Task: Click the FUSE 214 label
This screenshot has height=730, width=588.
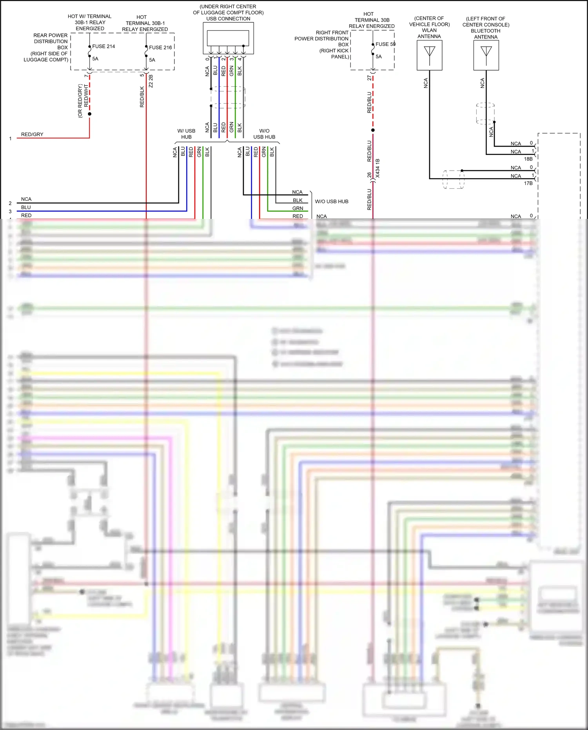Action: point(103,46)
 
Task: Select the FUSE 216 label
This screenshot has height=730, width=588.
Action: point(160,47)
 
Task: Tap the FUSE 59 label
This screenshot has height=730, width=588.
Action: point(385,44)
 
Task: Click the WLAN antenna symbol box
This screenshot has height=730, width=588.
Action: point(430,55)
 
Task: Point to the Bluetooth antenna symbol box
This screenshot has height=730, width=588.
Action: point(486,56)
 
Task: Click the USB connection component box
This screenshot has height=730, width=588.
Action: point(228,38)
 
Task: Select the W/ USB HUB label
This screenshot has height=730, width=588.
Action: point(186,134)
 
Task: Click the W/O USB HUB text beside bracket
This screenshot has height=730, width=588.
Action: point(332,202)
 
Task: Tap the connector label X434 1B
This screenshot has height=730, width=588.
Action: point(378,168)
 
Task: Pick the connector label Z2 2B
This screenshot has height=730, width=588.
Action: point(151,81)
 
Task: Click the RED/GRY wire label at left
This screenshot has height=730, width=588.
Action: point(32,135)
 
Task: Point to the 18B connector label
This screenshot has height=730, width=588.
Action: point(528,159)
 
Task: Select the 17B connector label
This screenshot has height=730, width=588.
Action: point(528,183)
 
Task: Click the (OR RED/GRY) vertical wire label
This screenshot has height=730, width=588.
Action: point(80,101)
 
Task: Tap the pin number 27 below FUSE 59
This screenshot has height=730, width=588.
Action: point(369,78)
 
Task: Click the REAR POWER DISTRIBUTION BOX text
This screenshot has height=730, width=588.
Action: point(50,41)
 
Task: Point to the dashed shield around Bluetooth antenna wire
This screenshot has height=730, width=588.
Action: point(485,114)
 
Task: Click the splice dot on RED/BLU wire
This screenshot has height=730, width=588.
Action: point(373,130)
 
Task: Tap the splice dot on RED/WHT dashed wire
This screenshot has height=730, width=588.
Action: point(90,114)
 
